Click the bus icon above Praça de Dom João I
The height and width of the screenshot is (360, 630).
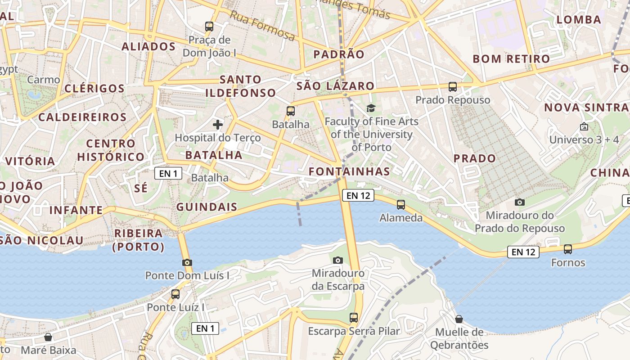[x=209, y=27]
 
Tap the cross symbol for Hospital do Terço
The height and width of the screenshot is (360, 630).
[x=218, y=124]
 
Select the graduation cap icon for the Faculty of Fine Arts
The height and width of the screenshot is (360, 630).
[x=371, y=108]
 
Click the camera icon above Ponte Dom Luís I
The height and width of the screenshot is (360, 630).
[x=187, y=262]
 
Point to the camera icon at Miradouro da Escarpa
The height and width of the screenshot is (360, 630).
[x=338, y=260]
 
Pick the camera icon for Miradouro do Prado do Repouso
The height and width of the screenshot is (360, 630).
[x=520, y=202]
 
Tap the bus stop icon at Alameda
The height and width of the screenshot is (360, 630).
[x=401, y=205]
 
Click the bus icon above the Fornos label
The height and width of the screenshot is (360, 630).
[x=568, y=249]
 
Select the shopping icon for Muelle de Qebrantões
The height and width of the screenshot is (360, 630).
[x=459, y=319]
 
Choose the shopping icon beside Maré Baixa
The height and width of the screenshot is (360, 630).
[x=48, y=337]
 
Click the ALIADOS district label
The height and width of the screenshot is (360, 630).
[x=148, y=47]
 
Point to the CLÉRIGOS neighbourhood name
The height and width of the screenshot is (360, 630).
[x=94, y=89]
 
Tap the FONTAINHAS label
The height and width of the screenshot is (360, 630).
[x=349, y=171]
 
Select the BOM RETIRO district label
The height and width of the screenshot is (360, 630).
[x=511, y=59]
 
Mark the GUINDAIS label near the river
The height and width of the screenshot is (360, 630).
[x=207, y=207]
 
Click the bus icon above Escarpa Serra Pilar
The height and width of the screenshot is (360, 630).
[x=354, y=318]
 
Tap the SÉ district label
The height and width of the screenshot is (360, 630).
[x=141, y=188]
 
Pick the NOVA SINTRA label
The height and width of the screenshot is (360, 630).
[x=586, y=108]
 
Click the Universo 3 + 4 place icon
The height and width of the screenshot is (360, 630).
[x=584, y=126]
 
